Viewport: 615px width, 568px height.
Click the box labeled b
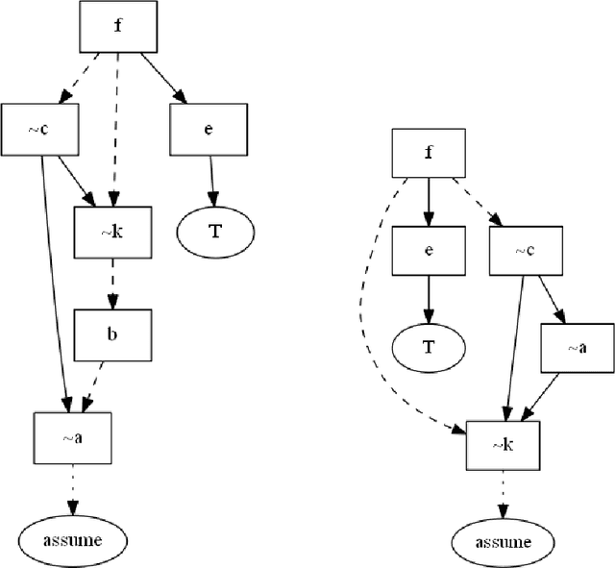pyautogui.click(x=112, y=334)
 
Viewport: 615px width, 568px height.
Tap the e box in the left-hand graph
pyautogui.click(x=209, y=129)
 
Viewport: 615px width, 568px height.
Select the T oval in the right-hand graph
pyautogui.click(x=429, y=348)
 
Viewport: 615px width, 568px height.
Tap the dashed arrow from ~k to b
pyautogui.click(x=112, y=284)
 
